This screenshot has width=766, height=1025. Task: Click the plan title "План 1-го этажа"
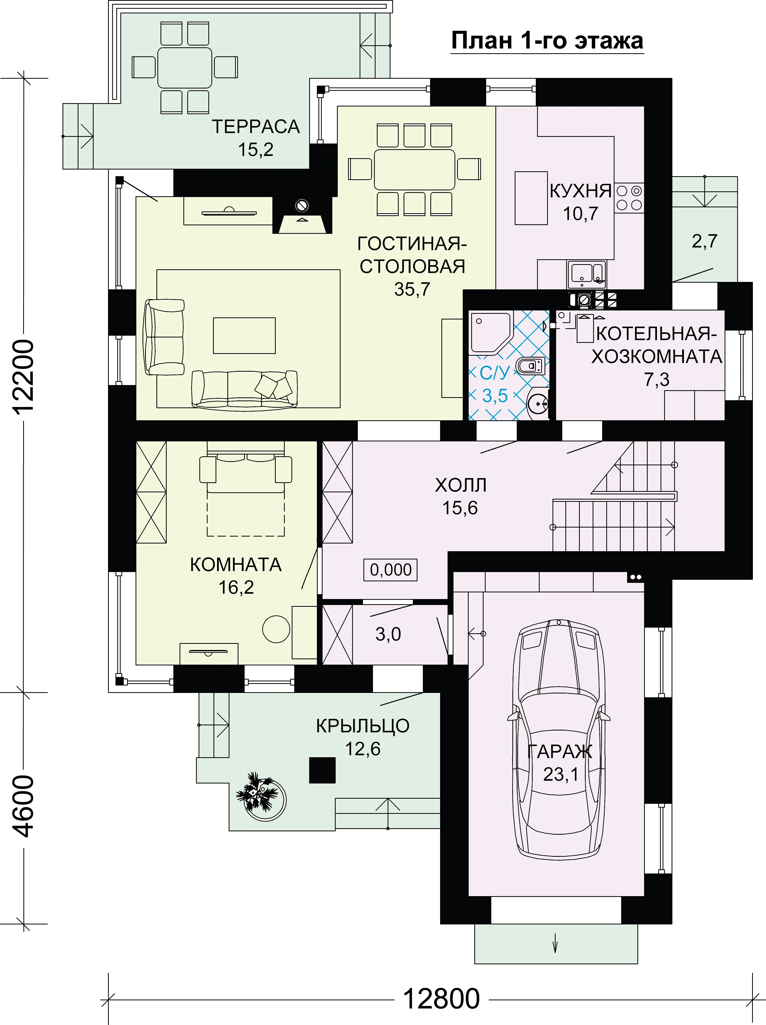tap(547, 41)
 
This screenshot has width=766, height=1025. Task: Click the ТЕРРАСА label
tap(256, 127)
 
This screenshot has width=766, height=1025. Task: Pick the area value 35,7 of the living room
tap(412, 289)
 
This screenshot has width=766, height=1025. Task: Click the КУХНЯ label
tap(580, 191)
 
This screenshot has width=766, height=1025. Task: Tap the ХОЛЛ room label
tap(461, 485)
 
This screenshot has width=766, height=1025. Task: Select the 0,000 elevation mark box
tap(390, 569)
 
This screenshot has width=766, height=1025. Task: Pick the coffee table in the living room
tap(244, 335)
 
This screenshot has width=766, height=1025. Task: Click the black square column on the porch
tap(322, 770)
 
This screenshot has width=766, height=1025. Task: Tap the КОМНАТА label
tap(236, 565)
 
